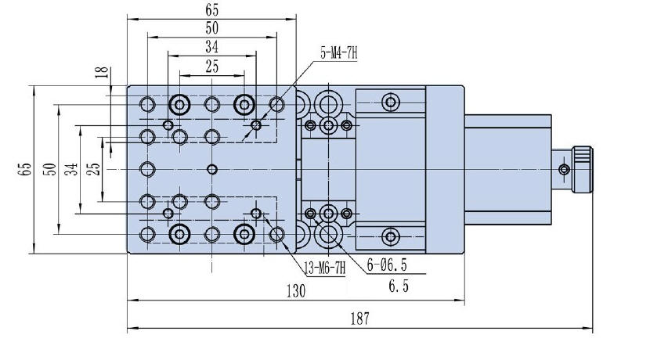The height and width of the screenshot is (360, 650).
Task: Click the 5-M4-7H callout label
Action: [338, 53]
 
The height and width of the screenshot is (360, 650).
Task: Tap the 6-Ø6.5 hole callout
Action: [388, 267]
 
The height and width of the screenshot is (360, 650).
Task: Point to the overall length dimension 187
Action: [359, 319]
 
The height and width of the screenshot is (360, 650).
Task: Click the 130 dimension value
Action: [295, 290]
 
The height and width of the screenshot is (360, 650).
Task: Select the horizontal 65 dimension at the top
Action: [211, 10]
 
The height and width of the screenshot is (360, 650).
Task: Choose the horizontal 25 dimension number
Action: [211, 67]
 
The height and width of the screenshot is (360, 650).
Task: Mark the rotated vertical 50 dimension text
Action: [49, 169]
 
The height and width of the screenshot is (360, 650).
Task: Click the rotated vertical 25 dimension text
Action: [93, 169]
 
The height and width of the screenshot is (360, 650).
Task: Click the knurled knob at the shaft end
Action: [583, 169]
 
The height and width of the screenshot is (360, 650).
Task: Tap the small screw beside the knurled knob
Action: [563, 169]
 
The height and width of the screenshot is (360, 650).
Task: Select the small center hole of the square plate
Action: [211, 169]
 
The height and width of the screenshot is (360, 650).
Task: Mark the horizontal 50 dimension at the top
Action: [211, 28]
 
